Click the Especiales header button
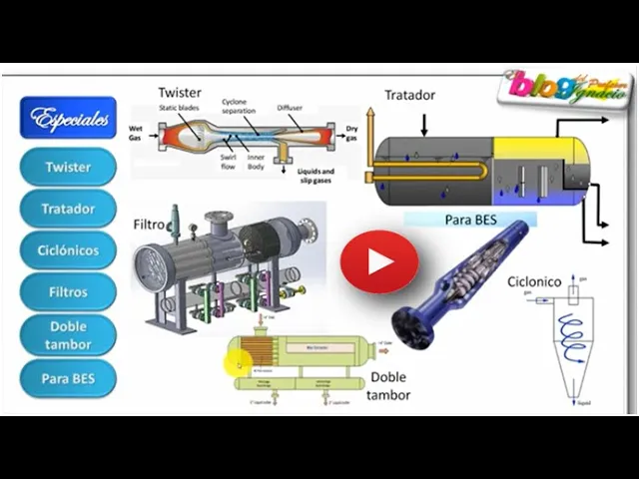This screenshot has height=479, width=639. click(x=68, y=119)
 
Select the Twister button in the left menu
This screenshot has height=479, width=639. click(x=68, y=167)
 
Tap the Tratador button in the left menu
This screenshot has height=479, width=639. click(x=68, y=209)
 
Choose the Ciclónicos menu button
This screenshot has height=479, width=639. click(x=68, y=250)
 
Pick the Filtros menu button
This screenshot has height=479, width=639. click(x=68, y=292)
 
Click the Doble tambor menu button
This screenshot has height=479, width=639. click(x=68, y=335)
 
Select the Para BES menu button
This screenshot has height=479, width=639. click(x=68, y=378)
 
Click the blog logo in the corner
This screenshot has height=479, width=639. click(x=564, y=88)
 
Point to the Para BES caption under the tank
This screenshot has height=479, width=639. click(x=470, y=218)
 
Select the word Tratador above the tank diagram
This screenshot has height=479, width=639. click(x=409, y=95)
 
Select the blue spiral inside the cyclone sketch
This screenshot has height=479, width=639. click(x=573, y=335)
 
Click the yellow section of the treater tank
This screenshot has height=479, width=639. click(x=539, y=150)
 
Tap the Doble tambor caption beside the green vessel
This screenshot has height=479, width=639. click(x=389, y=385)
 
